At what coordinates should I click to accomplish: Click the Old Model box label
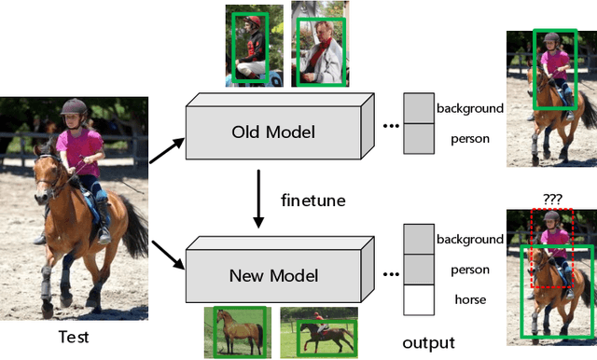tap(272, 132)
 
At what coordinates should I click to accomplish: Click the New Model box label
tap(274, 275)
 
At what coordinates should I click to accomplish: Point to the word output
tap(429, 342)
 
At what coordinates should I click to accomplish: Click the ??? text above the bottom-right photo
tap(550, 199)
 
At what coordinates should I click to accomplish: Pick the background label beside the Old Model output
tap(469, 108)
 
